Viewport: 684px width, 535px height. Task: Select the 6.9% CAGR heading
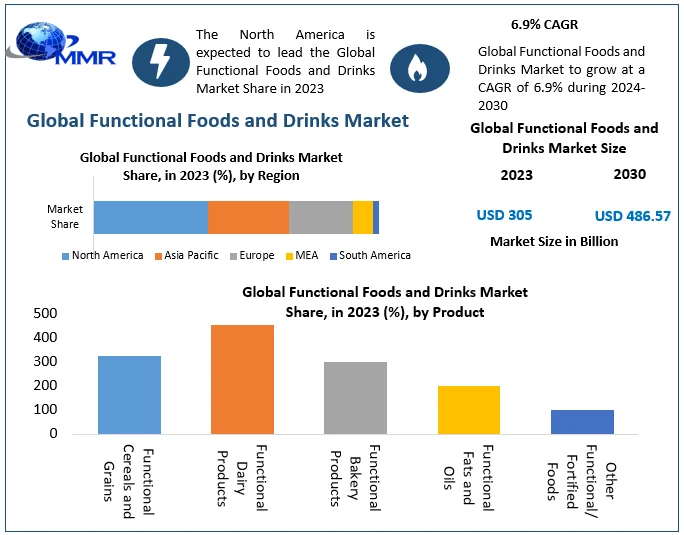[x=544, y=25]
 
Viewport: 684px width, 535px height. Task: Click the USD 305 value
[x=504, y=215]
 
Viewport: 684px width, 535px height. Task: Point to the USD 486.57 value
[x=632, y=216]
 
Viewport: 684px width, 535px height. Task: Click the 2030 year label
[x=629, y=174]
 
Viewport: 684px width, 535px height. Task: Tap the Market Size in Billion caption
[x=554, y=241]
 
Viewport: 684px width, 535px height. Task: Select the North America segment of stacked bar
[x=150, y=217]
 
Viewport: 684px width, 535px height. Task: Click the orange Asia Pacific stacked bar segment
[x=248, y=217]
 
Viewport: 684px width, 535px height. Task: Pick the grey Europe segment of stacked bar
[x=320, y=217]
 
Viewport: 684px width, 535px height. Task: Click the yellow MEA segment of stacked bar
[x=362, y=217]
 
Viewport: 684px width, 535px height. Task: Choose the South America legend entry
[x=369, y=255]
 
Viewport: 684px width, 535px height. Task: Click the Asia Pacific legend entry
[x=186, y=255]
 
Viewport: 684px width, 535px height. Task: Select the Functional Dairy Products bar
[x=242, y=379]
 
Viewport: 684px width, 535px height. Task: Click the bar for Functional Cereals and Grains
[x=129, y=394]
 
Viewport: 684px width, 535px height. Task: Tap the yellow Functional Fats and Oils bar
[x=468, y=409]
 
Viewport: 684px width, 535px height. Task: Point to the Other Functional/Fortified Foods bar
[x=582, y=421]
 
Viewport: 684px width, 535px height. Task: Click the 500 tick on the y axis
[x=44, y=313]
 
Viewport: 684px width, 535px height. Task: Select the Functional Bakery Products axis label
[x=355, y=478]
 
